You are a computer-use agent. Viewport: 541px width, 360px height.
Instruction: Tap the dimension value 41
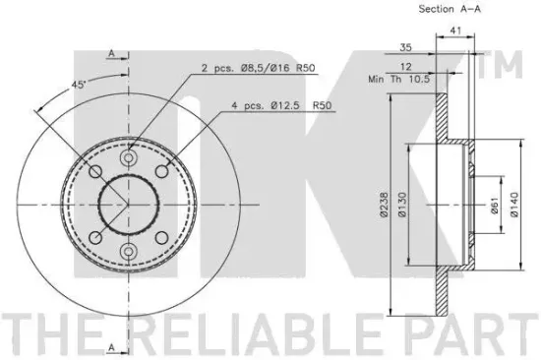[455, 31]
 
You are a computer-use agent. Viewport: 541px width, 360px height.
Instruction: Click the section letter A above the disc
[112, 52]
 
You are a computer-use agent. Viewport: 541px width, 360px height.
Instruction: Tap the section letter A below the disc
[112, 345]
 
